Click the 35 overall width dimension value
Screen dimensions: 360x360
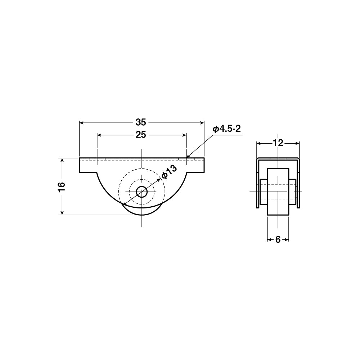[141, 122]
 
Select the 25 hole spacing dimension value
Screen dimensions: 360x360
[141, 135]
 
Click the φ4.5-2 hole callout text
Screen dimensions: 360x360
[226, 129]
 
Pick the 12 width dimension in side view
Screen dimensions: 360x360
[278, 143]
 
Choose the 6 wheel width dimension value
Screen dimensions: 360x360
[278, 240]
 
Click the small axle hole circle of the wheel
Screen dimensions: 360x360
[142, 192]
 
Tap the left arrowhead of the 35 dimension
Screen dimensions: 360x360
[81, 123]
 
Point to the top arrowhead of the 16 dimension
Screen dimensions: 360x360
[62, 160]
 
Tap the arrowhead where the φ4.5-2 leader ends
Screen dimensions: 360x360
[188, 157]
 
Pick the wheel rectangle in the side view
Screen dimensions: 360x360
[278, 192]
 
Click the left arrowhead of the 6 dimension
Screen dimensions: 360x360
[269, 240]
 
